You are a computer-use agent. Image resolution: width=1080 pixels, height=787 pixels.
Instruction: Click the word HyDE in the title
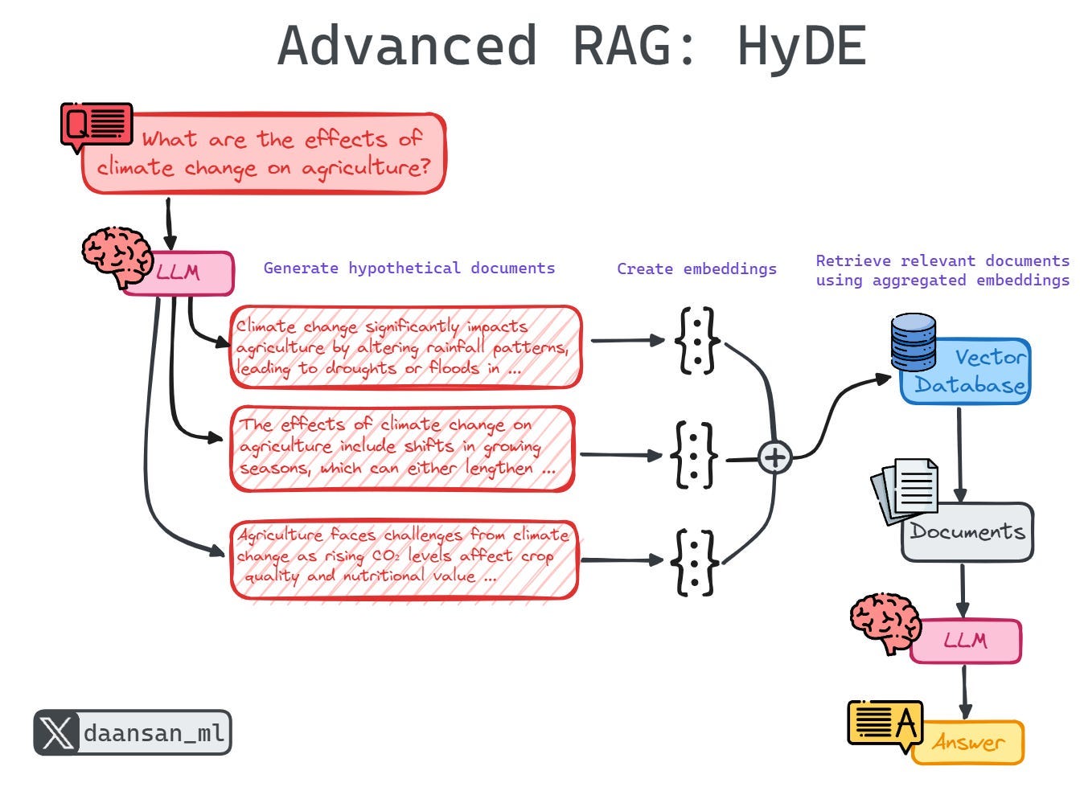(x=801, y=46)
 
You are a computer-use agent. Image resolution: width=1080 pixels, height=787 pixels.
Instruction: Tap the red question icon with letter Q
(x=97, y=125)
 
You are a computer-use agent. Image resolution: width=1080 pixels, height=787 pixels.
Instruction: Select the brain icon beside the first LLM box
(x=117, y=255)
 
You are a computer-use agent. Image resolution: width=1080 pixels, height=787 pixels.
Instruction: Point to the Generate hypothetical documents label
(x=409, y=268)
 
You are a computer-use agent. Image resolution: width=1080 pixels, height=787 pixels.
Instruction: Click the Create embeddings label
(x=696, y=269)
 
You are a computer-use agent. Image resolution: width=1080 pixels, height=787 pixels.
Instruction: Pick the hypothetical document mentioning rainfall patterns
(x=405, y=347)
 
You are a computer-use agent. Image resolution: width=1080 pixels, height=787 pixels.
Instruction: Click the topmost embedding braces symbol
(x=696, y=341)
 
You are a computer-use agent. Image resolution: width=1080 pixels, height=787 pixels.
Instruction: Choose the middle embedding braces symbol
(x=696, y=455)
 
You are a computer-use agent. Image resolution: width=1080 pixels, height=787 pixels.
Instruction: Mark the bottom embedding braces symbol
(x=696, y=561)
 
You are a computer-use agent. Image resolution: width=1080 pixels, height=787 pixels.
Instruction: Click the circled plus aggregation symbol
(x=774, y=458)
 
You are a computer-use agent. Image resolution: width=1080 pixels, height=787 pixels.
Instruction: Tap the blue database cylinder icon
(x=914, y=341)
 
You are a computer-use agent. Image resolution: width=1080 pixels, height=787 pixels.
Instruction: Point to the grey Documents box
(x=968, y=532)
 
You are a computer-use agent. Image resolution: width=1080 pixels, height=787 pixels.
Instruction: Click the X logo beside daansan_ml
(x=56, y=733)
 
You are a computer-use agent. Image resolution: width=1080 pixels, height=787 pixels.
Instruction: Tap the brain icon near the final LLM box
(x=885, y=623)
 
